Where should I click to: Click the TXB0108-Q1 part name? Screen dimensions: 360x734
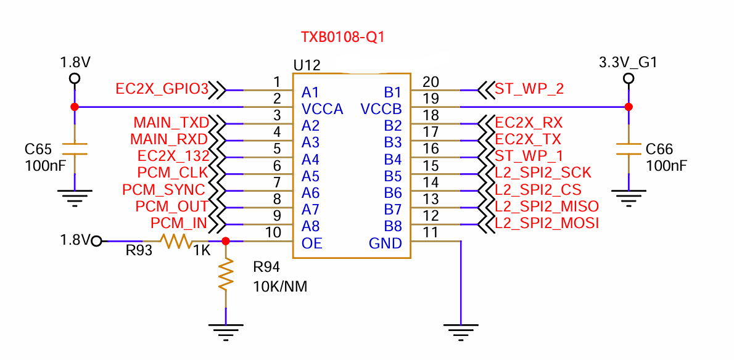(x=343, y=37)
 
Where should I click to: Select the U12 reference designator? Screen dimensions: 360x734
(x=307, y=65)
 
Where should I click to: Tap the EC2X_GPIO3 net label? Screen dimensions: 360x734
(x=162, y=89)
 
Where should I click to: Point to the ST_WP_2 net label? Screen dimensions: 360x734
(x=529, y=89)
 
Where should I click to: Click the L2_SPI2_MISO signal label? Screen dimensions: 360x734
(x=546, y=206)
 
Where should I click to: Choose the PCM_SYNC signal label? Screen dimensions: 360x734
(x=163, y=189)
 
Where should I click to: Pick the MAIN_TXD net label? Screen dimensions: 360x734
(x=171, y=123)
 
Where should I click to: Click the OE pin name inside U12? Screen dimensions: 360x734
(x=312, y=243)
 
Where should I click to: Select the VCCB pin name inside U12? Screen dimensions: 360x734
(x=381, y=110)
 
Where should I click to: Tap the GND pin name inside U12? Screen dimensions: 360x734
(x=386, y=243)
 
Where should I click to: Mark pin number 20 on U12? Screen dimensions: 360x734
(x=431, y=82)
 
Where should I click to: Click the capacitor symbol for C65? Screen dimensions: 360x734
(x=75, y=149)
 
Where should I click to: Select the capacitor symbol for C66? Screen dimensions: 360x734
(x=629, y=149)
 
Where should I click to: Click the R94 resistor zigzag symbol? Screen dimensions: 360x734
(x=226, y=274)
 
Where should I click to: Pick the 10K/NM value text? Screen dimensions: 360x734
(x=280, y=287)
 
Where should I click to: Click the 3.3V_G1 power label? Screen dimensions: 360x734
(x=628, y=62)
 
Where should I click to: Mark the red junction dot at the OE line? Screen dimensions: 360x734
(x=226, y=241)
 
